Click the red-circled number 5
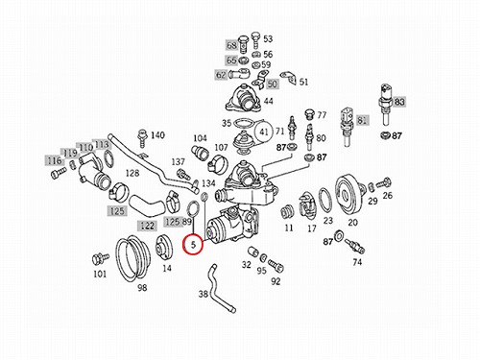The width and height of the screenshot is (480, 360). click(193, 245)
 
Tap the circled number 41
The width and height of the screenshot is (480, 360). click(263, 132)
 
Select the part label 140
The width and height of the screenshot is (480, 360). click(157, 135)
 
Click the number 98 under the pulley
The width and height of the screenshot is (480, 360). click(142, 288)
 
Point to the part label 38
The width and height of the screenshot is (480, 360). click(204, 294)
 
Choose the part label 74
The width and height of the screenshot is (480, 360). click(357, 262)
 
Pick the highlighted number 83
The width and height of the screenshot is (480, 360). click(399, 102)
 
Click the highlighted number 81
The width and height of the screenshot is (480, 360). click(362, 120)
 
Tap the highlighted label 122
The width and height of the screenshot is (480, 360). click(147, 226)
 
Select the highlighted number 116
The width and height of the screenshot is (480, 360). click(55, 160)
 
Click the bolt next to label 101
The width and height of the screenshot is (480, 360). click(100, 257)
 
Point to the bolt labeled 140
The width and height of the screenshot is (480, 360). click(141, 138)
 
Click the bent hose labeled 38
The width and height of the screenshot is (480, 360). click(218, 289)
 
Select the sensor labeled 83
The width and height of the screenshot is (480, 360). click(386, 104)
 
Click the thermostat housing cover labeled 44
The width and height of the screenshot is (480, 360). click(244, 98)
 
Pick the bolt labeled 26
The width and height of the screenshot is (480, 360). click(384, 184)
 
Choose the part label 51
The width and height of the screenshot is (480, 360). click(303, 83)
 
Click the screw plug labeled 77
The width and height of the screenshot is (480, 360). click(309, 113)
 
